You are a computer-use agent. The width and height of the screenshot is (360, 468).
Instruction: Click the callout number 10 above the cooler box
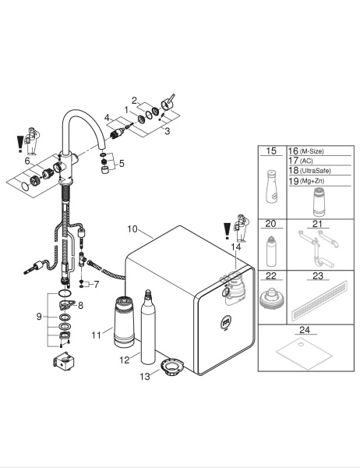point(132,229)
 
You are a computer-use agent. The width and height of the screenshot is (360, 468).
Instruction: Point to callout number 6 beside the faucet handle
point(28,161)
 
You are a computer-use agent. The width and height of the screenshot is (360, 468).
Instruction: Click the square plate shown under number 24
point(299,356)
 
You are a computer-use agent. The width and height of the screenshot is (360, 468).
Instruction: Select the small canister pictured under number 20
point(271,248)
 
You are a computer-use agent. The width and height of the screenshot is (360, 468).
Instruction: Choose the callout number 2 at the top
point(134,99)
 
